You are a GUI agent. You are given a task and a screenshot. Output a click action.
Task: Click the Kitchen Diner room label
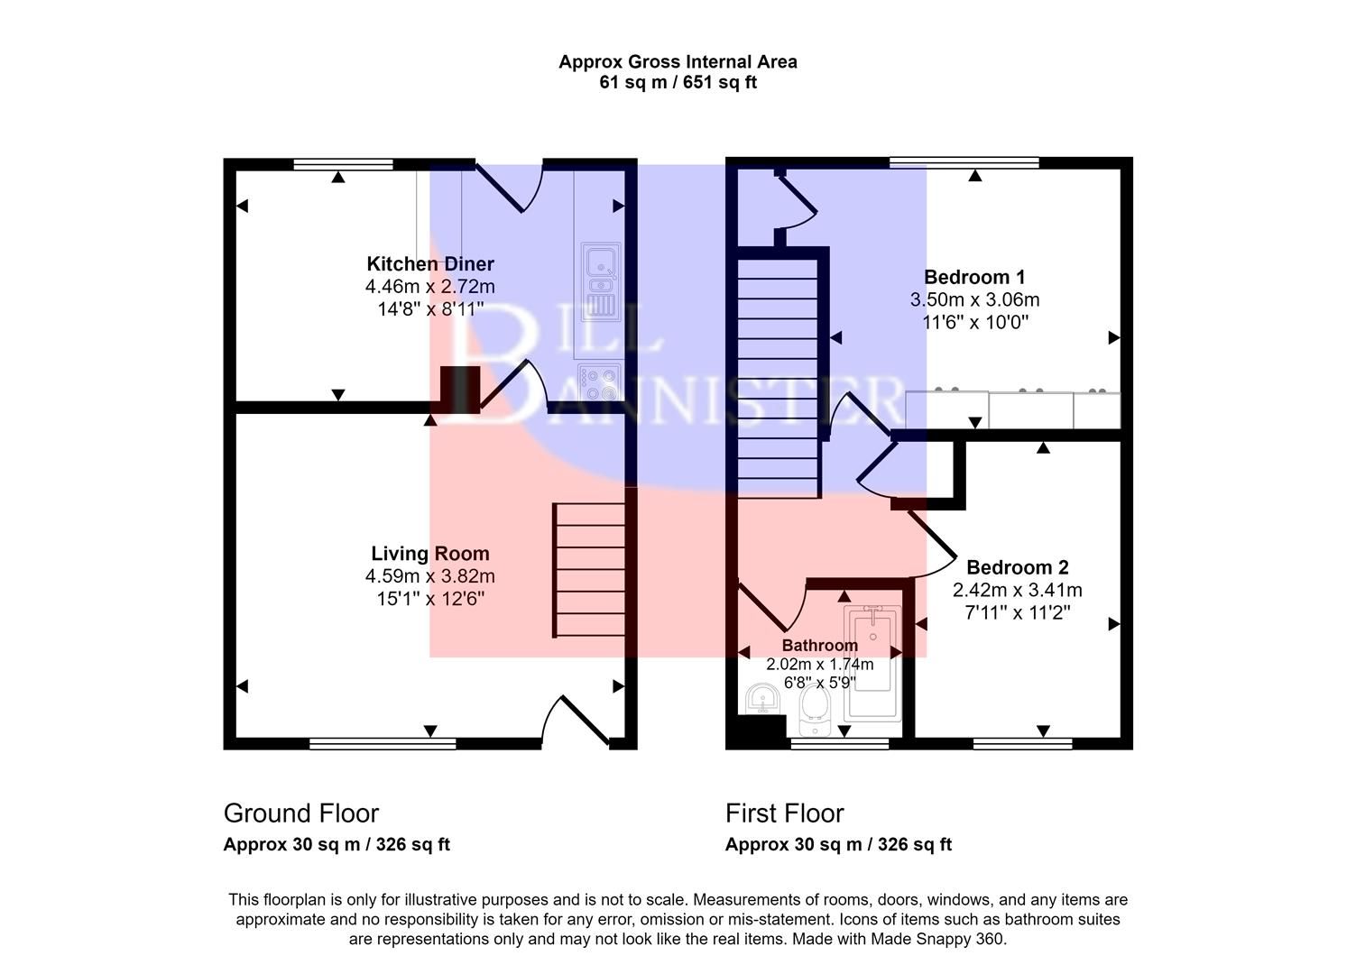pyautogui.click(x=430, y=264)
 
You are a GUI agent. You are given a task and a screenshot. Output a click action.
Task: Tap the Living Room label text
pyautogui.click(x=430, y=554)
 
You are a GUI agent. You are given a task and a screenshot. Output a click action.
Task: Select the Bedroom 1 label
pyautogui.click(x=974, y=277)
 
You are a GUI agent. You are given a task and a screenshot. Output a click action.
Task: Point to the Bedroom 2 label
pyautogui.click(x=1017, y=567)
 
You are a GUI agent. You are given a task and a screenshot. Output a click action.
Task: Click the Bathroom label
pyautogui.click(x=819, y=646)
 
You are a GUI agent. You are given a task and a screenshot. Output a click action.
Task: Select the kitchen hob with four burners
pyautogui.click(x=600, y=382)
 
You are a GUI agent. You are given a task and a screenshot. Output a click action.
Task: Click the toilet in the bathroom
pyautogui.click(x=815, y=712)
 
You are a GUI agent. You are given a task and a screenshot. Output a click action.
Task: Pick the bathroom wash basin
pyautogui.click(x=764, y=699)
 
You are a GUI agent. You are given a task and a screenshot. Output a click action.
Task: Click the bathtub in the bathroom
pyautogui.click(x=872, y=664)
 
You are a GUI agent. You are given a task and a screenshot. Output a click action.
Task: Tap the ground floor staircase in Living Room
pyautogui.click(x=589, y=570)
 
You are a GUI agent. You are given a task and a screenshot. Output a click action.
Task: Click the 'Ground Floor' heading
pyautogui.click(x=300, y=813)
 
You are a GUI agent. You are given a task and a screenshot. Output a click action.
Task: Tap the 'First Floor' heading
pyautogui.click(x=784, y=813)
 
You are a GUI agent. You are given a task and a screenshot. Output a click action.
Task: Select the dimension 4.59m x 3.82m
pyautogui.click(x=430, y=576)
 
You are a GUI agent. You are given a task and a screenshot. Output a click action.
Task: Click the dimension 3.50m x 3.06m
pyautogui.click(x=974, y=299)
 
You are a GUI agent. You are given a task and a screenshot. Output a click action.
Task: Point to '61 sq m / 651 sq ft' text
pyautogui.click(x=678, y=83)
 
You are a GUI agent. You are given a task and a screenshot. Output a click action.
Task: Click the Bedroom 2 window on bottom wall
pyautogui.click(x=1022, y=743)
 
